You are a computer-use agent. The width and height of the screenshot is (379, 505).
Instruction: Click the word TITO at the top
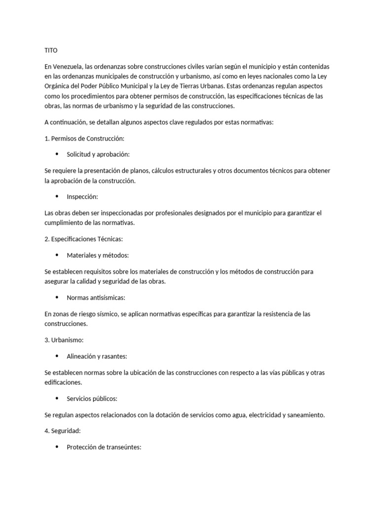[51, 50]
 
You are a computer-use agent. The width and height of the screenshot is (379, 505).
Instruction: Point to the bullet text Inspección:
[82, 197]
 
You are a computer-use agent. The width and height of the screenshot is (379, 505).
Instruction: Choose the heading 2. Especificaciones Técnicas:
[83, 239]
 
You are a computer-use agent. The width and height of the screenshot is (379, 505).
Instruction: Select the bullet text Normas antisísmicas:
[96, 298]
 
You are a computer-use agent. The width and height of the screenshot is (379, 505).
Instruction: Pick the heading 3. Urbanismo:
[64, 340]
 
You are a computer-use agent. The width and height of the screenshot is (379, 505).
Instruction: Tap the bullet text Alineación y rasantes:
[97, 356]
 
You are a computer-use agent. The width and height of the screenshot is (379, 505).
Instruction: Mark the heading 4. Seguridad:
[63, 431]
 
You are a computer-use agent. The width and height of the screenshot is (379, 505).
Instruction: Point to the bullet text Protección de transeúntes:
[104, 447]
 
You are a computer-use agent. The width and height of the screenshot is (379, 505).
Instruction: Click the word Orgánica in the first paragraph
[57, 86]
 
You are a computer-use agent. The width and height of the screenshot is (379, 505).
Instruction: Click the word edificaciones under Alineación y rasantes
[63, 382]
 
